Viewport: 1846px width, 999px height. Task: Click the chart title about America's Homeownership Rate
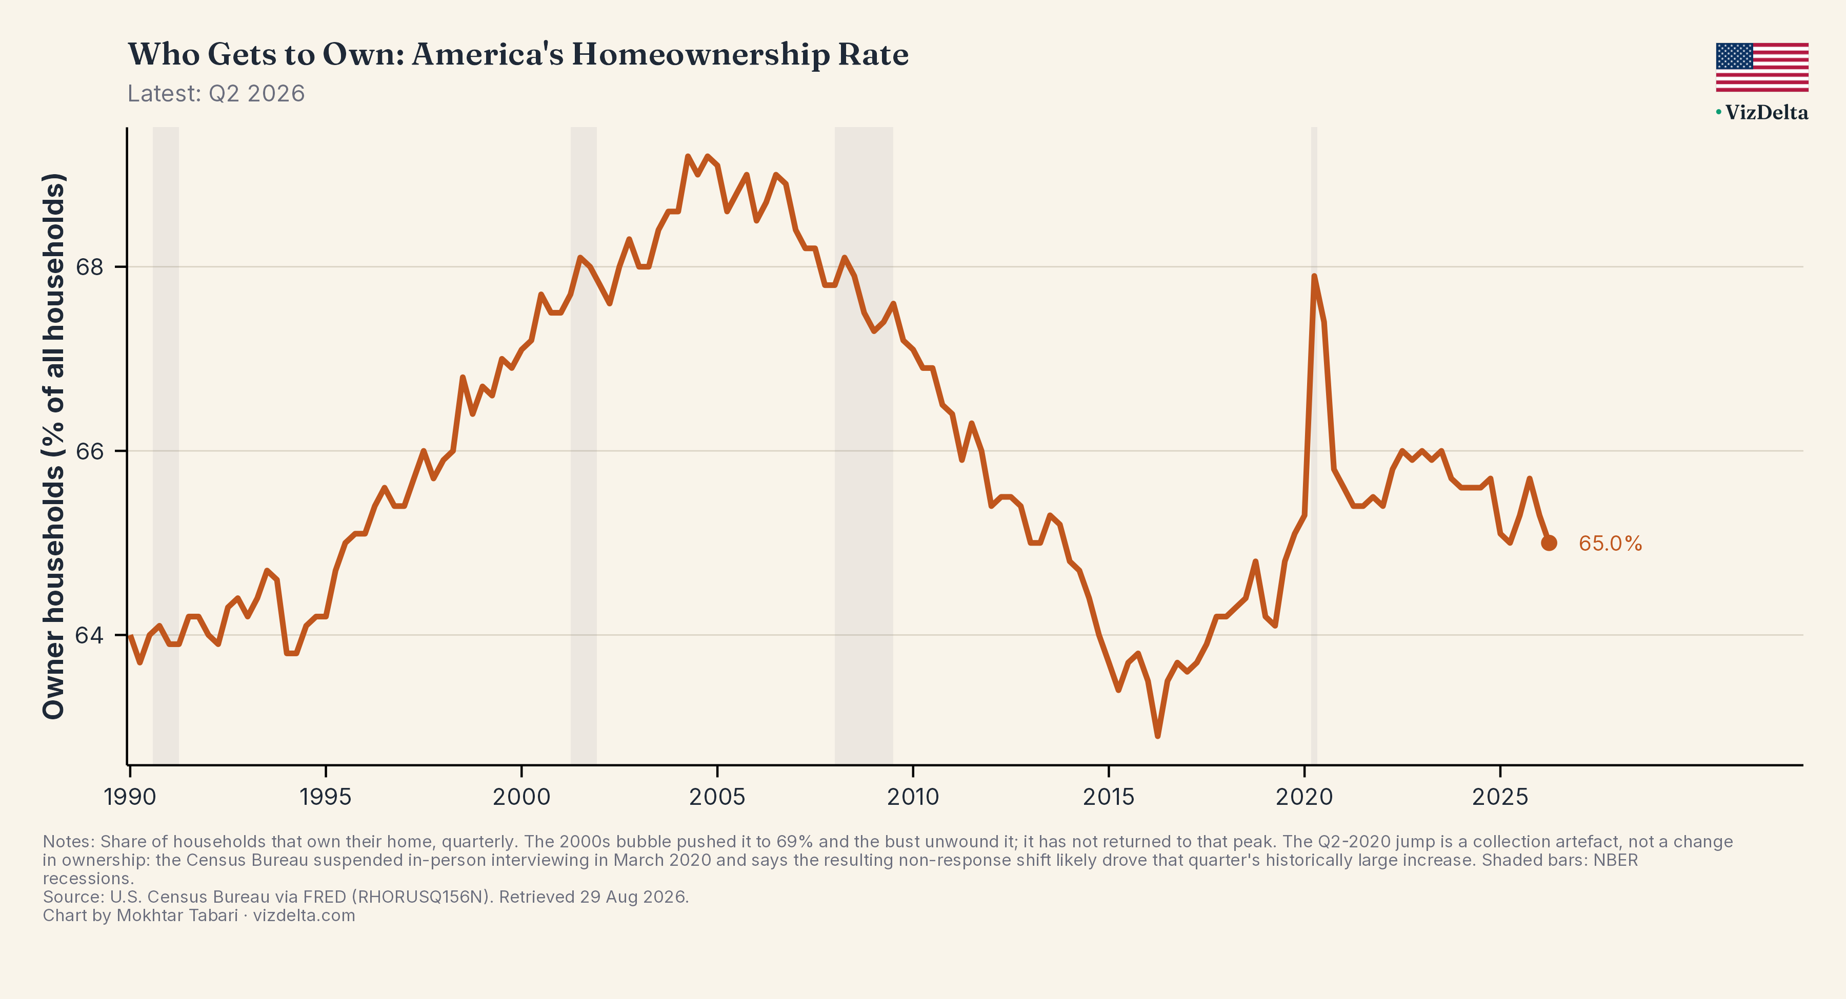coord(518,54)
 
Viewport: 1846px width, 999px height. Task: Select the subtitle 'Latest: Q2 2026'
coord(216,94)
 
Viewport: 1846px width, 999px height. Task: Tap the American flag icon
coord(1761,67)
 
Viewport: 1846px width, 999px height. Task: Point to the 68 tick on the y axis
coord(90,267)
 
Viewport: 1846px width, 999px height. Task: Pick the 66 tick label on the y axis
coord(90,451)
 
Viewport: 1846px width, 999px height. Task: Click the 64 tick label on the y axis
coord(90,635)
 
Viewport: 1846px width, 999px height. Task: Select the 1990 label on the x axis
coord(130,796)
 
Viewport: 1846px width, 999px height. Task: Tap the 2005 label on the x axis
coord(717,796)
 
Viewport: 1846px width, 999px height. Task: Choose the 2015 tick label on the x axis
coord(1109,796)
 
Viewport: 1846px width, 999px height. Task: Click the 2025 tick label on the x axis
coord(1500,796)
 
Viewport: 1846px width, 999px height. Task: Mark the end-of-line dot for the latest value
coord(1549,543)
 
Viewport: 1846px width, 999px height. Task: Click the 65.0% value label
coord(1610,544)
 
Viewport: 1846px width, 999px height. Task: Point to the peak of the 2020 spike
coord(1314,276)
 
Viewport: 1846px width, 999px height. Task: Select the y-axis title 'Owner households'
coord(54,594)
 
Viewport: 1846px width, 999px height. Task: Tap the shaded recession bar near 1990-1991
coord(166,445)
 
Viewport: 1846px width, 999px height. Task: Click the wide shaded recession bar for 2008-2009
coord(864,445)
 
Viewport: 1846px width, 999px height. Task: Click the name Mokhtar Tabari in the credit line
coord(177,915)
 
